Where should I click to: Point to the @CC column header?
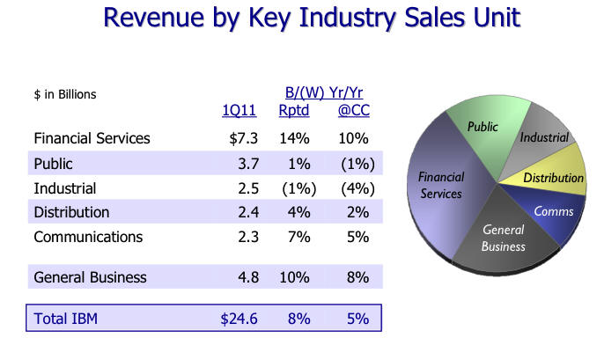pos(353,110)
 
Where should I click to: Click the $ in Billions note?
pos(64,94)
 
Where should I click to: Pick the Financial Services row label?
pos(92,138)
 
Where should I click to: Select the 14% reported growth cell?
pos(296,138)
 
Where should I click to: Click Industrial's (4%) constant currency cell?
pos(357,188)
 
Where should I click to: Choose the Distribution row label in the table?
pos(71,212)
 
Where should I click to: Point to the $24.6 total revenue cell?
pos(239,318)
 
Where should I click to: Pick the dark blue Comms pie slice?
pos(553,212)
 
